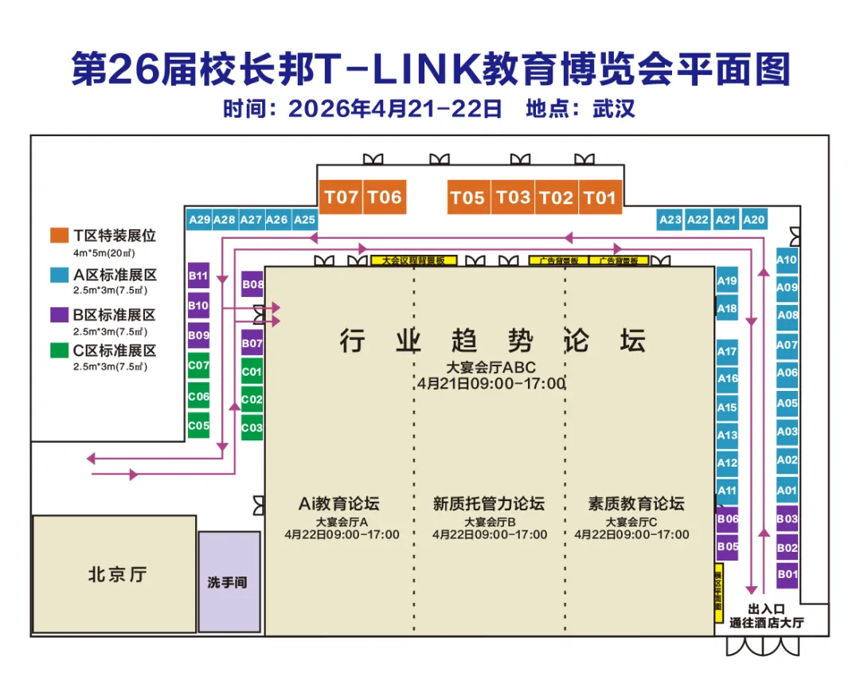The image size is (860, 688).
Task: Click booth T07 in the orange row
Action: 342,197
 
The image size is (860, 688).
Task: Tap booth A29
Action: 199,220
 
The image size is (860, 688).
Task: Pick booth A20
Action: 753,220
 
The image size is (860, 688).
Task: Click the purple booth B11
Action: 198,276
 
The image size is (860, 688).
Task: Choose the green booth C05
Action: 198,426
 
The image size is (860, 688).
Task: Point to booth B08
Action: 252,284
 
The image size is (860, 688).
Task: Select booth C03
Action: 252,428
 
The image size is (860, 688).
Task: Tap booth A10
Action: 787,260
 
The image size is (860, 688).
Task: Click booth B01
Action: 787,574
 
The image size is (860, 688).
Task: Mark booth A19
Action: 727,281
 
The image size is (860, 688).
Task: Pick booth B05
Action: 727,547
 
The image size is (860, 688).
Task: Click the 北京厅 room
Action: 115,574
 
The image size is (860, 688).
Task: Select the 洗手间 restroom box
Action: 229,582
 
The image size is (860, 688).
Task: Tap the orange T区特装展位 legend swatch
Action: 58,235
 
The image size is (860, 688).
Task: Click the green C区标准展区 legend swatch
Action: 58,350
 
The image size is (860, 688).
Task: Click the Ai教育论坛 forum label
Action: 339,503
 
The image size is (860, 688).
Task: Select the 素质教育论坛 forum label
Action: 635,503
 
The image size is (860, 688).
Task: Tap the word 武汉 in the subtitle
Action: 613,108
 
